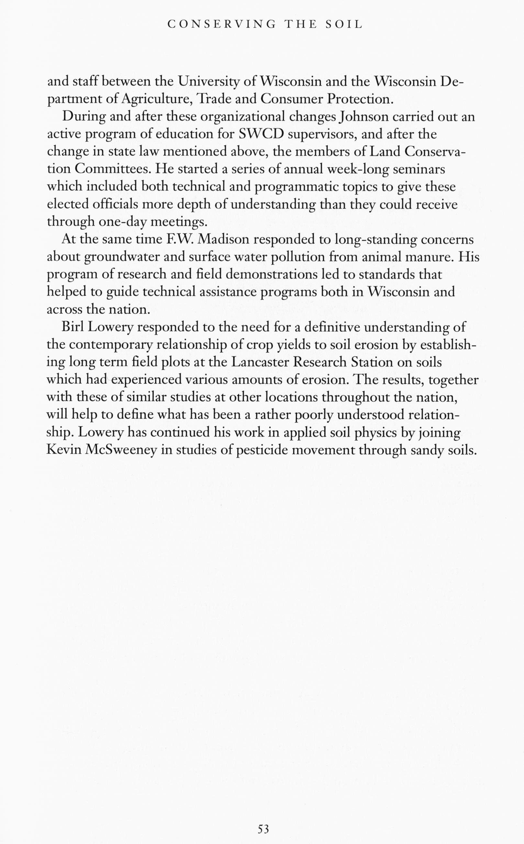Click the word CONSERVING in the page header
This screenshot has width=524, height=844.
pos(222,24)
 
